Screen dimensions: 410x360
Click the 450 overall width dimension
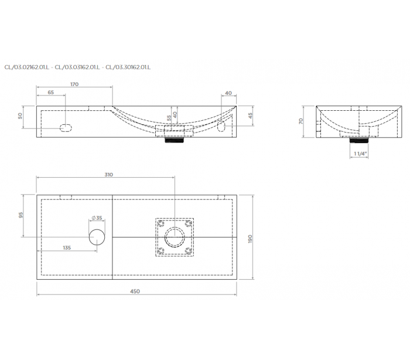(135, 291)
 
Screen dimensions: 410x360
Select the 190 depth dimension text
(250, 239)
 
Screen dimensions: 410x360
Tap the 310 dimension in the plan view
(109, 175)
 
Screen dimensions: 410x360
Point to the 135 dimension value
(67, 247)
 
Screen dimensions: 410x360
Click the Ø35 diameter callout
(97, 218)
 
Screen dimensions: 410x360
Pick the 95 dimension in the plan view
(21, 215)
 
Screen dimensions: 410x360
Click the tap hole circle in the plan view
(97, 237)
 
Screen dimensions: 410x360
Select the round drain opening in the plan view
(175, 237)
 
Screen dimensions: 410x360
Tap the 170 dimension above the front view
(74, 84)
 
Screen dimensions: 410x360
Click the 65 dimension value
(51, 93)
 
